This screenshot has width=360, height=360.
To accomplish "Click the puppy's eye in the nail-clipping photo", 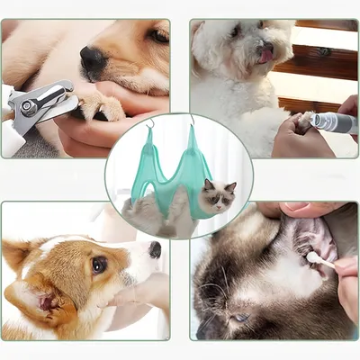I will (158, 36).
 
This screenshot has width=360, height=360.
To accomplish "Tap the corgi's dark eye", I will (98, 264).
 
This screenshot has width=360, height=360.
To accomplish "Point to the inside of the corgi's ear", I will (40, 298).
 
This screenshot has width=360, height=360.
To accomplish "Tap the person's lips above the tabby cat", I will (297, 209).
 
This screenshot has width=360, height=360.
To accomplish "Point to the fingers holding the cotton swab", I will (347, 270).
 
